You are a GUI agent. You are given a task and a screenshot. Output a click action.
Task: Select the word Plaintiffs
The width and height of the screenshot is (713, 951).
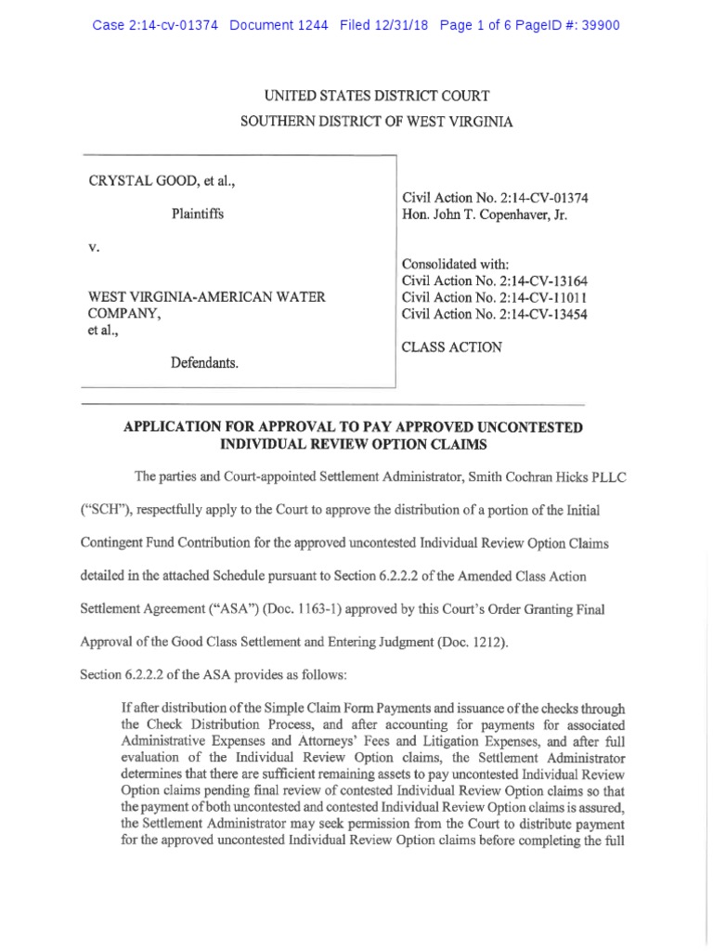coord(197,214)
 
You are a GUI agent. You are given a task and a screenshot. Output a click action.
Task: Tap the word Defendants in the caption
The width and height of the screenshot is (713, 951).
coord(204,363)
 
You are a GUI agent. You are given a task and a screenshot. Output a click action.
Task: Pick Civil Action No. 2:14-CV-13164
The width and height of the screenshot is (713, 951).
coord(494,280)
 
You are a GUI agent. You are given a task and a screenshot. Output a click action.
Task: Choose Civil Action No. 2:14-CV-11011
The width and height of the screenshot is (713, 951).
coord(494,297)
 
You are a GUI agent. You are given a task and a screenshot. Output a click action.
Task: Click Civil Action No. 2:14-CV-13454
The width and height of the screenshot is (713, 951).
coord(494,314)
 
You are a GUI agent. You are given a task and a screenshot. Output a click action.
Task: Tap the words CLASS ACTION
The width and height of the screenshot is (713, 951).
coord(451,347)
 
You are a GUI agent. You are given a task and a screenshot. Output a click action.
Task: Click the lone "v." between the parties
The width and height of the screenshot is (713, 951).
coord(94,249)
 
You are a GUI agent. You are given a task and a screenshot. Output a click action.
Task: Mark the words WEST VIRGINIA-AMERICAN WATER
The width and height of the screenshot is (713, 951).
coord(206,297)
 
